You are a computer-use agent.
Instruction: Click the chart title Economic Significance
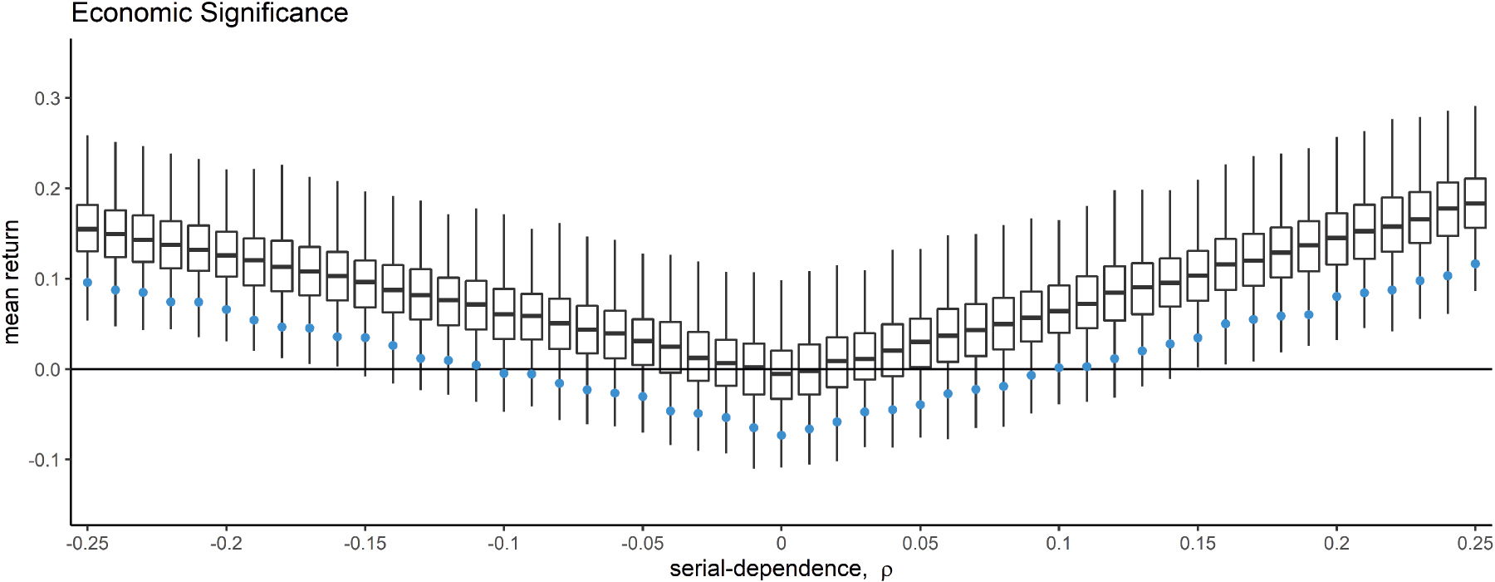[x=209, y=13]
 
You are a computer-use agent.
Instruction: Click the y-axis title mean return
[x=12, y=282]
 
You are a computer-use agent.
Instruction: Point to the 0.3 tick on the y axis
[x=47, y=98]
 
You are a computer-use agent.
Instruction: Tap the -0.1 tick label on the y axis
[x=45, y=460]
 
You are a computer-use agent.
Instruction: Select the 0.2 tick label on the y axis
[x=47, y=189]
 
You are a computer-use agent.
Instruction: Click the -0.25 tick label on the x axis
[x=87, y=544]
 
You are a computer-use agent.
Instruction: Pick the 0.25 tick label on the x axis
[x=1475, y=544]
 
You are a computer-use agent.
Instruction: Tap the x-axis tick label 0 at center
[x=781, y=544]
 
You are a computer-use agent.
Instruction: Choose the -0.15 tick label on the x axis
[x=365, y=544]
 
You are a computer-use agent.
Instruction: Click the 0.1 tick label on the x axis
[x=1058, y=544]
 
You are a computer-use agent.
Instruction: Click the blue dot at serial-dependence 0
[x=781, y=436]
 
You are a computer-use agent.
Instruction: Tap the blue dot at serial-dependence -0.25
[x=87, y=283]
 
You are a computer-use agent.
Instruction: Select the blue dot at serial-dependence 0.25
[x=1475, y=264]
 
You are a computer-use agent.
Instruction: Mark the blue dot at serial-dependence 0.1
[x=1058, y=367]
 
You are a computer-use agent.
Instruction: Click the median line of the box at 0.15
[x=1197, y=275]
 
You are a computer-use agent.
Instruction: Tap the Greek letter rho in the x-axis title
[x=886, y=571]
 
